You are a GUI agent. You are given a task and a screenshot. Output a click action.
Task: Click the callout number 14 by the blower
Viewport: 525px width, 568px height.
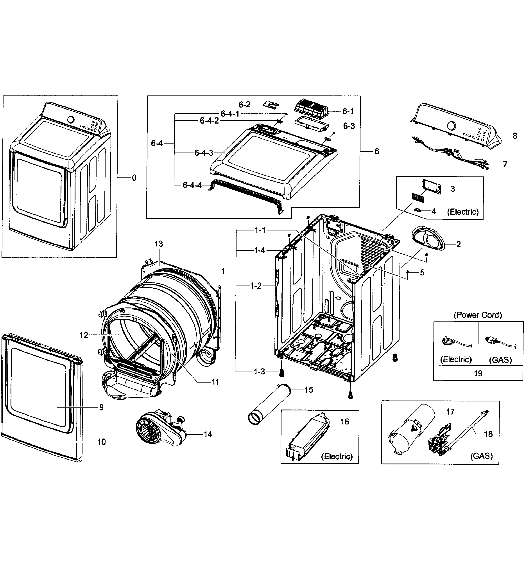click(x=208, y=434)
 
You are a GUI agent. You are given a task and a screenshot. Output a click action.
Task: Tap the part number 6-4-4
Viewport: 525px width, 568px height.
click(x=192, y=185)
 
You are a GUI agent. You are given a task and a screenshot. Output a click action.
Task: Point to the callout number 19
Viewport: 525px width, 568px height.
click(x=478, y=373)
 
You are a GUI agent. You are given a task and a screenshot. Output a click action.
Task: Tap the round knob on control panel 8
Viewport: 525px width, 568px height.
click(x=451, y=126)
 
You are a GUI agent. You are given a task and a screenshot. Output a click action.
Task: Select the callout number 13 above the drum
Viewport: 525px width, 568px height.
click(x=159, y=244)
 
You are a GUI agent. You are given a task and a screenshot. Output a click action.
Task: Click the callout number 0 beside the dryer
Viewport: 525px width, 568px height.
click(x=134, y=178)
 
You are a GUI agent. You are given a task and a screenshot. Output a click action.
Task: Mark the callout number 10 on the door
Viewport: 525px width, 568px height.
click(x=101, y=442)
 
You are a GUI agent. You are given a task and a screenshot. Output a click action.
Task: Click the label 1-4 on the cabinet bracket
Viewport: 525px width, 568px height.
click(x=259, y=250)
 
